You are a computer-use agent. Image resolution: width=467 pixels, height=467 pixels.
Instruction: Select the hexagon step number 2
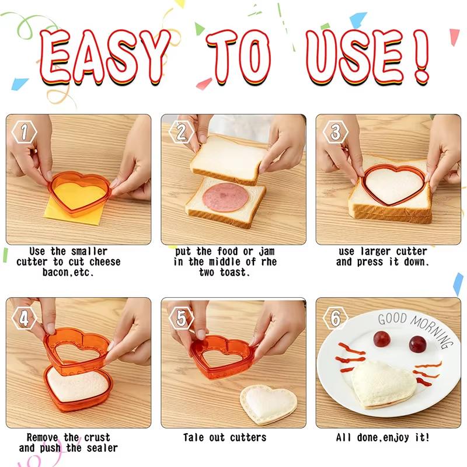(x=180, y=133)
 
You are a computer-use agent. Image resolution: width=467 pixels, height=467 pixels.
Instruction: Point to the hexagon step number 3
(x=335, y=133)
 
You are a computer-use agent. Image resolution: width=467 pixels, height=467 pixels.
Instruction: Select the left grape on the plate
(x=382, y=338)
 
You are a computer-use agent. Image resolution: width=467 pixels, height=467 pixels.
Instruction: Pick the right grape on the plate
(x=417, y=344)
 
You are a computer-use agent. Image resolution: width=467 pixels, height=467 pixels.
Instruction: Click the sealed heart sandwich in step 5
(x=269, y=403)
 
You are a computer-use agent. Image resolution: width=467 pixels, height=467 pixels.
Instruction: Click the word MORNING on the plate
(x=428, y=330)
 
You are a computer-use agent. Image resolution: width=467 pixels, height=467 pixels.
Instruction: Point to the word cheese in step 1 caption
(x=104, y=262)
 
